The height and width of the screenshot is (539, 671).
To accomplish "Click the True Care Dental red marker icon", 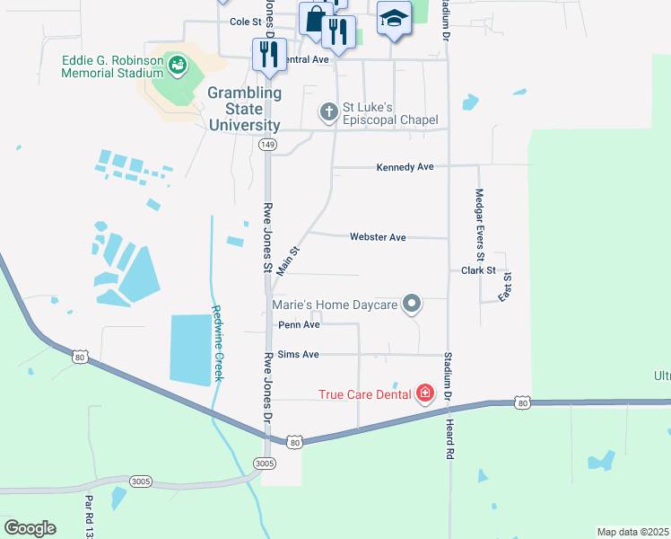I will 424,393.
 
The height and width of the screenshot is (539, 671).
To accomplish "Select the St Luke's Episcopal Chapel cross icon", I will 329,112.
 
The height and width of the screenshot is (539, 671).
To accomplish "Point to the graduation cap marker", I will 393,20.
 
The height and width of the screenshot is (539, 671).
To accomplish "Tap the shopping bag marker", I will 315,19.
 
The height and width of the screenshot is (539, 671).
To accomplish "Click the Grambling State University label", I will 245,109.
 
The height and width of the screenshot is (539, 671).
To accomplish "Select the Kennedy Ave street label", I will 405,167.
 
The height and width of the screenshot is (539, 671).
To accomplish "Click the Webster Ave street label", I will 378,237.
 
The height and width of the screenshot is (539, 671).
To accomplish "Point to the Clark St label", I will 478,270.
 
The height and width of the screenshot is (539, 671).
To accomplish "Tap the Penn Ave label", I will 299,325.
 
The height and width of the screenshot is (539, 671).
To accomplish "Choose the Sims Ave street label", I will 299,355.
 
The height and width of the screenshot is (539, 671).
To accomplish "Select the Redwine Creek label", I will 217,343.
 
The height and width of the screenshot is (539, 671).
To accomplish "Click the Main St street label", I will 287,261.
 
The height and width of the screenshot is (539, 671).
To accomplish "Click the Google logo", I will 30,528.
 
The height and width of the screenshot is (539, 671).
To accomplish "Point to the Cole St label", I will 245,22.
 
